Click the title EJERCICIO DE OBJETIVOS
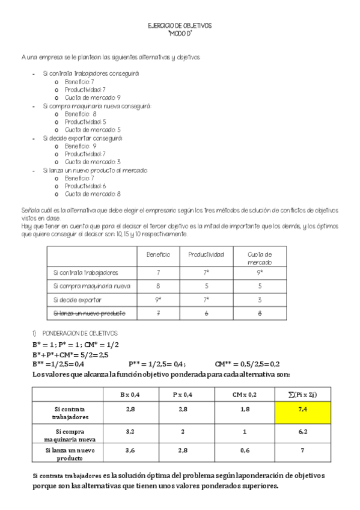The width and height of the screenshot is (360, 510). click(179, 26)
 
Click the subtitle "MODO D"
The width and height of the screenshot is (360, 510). click(180, 34)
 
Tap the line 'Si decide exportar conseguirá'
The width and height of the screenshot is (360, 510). click(82, 138)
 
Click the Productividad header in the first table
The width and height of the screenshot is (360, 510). click(206, 255)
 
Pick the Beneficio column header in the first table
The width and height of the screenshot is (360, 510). click(158, 255)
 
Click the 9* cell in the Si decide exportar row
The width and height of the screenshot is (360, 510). click(158, 300)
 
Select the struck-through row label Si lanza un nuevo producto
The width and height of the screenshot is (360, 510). click(89, 314)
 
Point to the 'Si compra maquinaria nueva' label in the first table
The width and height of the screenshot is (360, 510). click(91, 286)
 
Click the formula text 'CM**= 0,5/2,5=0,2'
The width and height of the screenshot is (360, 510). click(247, 364)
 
